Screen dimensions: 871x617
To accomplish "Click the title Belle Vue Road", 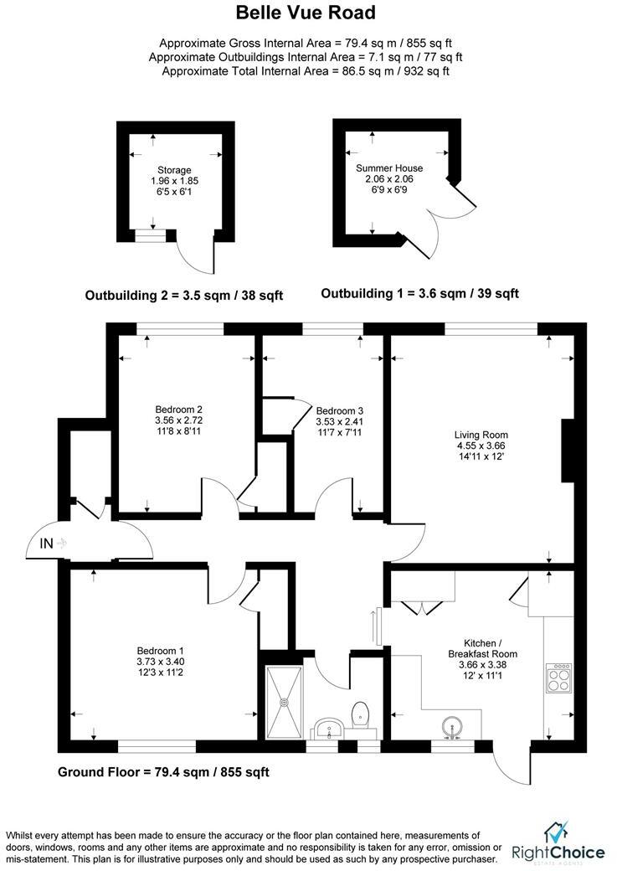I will (x=305, y=13).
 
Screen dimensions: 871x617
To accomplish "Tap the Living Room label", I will (x=481, y=435).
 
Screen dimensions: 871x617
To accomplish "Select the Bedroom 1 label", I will (x=160, y=651).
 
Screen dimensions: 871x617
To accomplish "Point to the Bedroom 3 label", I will (x=339, y=410).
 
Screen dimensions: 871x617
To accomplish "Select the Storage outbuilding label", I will (x=174, y=170).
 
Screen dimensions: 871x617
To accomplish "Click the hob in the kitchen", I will (x=558, y=678).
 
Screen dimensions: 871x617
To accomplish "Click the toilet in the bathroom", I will (x=361, y=714).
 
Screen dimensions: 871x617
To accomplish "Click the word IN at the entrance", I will (x=46, y=544).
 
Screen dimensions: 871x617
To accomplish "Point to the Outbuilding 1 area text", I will (x=419, y=293).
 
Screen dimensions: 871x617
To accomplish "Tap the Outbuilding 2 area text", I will (x=184, y=295).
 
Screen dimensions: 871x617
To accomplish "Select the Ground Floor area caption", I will (x=162, y=771).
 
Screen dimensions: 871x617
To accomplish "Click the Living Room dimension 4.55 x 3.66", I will (x=481, y=446).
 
